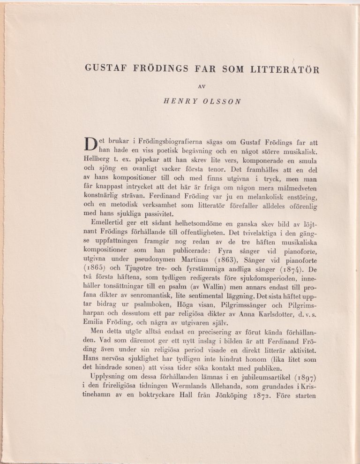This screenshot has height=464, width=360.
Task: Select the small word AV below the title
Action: click(x=202, y=86)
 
